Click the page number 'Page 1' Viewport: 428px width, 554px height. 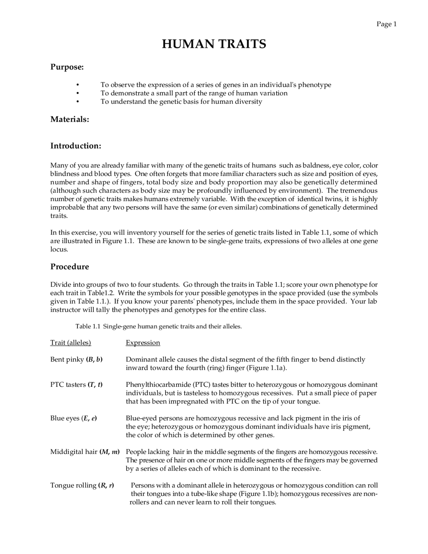coord(386,24)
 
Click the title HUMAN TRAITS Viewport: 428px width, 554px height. coord(214,44)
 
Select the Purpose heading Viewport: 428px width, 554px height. coord(67,67)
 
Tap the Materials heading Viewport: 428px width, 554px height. coord(70,119)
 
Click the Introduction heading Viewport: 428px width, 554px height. coord(76,146)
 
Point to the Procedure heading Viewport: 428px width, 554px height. coord(70,267)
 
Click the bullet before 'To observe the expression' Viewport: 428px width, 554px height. coord(78,85)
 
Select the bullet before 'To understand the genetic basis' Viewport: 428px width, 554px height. coord(78,102)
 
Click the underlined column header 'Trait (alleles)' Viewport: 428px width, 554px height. coord(71,343)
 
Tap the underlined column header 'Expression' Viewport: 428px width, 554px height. coord(143,343)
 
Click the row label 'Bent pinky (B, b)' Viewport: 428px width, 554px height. coord(76,360)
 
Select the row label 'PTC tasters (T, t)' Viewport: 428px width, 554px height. coord(76,385)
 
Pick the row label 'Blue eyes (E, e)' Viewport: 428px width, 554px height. coord(74,418)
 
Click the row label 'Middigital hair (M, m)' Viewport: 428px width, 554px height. coord(85,452)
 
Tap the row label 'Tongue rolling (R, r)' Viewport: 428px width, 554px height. coord(82,485)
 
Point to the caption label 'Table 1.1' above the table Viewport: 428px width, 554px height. coord(88,327)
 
